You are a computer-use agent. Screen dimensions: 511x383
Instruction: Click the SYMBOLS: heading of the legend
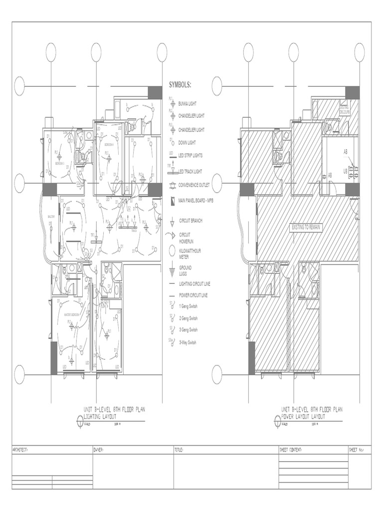(x=180, y=85)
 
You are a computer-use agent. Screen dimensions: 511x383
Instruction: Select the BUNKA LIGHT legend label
(x=188, y=104)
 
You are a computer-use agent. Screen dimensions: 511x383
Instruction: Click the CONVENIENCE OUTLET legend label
(x=194, y=185)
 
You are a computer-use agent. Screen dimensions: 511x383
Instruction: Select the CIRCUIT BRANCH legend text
(x=191, y=220)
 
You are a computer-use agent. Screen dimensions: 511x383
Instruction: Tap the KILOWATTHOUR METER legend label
(x=190, y=254)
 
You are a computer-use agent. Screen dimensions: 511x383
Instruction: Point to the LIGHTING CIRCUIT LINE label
(x=194, y=283)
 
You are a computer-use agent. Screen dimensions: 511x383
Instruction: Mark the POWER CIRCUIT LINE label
(x=193, y=295)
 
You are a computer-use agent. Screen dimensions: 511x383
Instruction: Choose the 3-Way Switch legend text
(x=188, y=342)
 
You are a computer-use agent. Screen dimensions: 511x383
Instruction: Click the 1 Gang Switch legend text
(x=188, y=306)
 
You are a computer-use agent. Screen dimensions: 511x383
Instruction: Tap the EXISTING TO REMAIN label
(x=307, y=227)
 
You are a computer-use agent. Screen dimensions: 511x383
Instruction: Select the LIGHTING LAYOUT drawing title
(x=100, y=416)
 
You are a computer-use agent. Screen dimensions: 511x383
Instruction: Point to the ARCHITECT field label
(x=21, y=450)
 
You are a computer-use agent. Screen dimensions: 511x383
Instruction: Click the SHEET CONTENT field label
(x=291, y=450)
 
